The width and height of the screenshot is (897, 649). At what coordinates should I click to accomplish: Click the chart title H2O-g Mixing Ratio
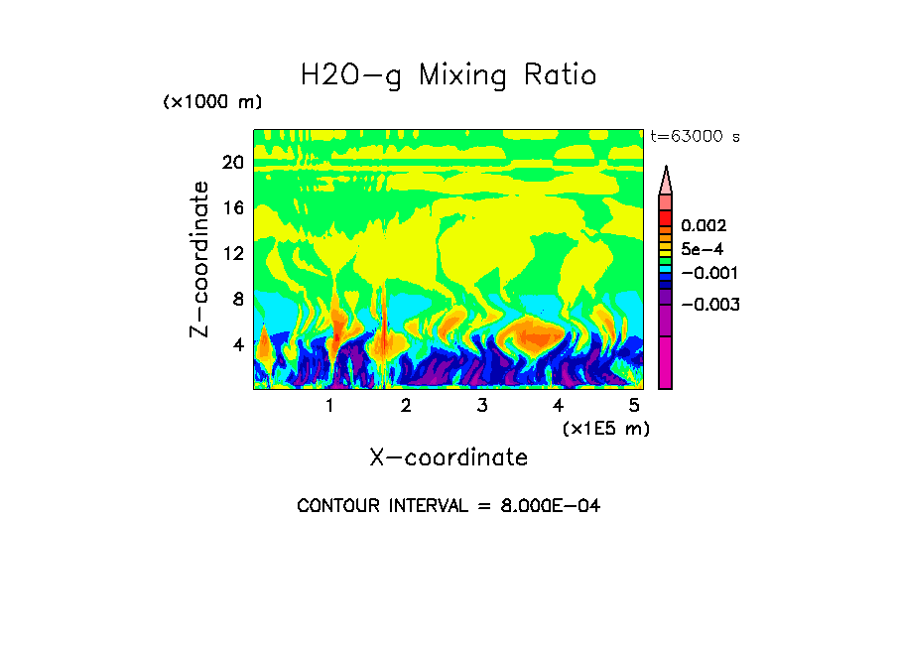click(448, 75)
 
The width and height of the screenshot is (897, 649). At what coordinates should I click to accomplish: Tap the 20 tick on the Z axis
click(232, 163)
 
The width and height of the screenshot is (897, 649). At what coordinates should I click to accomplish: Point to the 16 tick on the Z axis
click(232, 208)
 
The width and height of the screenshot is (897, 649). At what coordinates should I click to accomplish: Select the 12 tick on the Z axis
click(232, 254)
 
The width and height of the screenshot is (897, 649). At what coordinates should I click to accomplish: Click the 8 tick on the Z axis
click(237, 300)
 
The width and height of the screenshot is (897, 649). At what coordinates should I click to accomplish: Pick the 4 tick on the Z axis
click(237, 345)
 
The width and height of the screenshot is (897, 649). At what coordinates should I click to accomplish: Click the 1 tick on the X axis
click(329, 405)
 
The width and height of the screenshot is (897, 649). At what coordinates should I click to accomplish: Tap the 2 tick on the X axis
click(406, 405)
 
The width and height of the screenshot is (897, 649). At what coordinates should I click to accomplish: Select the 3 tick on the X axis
click(481, 405)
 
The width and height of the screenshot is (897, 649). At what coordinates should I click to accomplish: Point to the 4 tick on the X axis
click(558, 405)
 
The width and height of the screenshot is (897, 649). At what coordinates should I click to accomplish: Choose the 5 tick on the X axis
click(634, 405)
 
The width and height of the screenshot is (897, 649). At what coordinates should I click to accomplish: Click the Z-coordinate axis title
click(200, 259)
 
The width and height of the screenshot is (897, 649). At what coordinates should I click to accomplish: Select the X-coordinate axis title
click(448, 457)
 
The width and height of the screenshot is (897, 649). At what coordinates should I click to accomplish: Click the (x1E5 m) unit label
click(605, 428)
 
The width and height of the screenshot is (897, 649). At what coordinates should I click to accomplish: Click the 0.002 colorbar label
click(703, 226)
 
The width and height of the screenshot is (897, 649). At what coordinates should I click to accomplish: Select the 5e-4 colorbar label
click(702, 249)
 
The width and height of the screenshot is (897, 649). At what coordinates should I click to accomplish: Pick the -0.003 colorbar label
click(709, 305)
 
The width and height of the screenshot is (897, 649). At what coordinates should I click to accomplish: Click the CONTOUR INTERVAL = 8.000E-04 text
click(448, 506)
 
